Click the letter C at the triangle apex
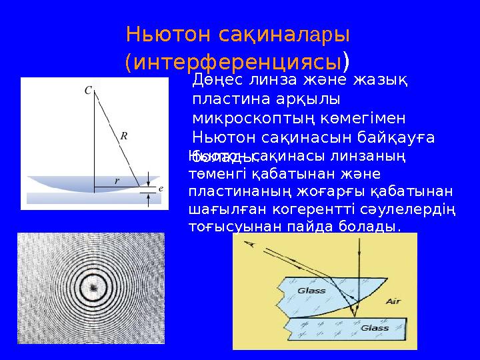[x=88, y=90]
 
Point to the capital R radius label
[x=123, y=136]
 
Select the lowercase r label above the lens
[x=117, y=180]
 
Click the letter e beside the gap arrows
[x=161, y=189]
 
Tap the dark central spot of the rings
[x=93, y=287]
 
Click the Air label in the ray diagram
[x=393, y=301]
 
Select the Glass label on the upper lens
[x=311, y=291]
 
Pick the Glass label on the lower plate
[x=375, y=328]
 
